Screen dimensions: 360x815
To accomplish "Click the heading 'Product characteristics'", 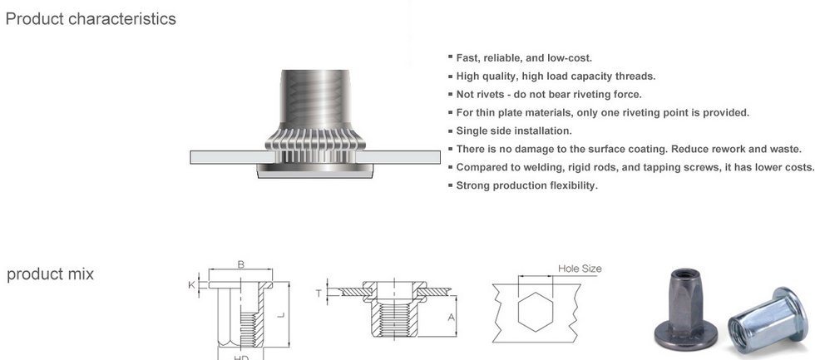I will pos(91,18).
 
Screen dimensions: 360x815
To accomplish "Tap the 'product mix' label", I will pos(50,274).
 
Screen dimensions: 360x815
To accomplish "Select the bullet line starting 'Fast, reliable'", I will pos(524,57).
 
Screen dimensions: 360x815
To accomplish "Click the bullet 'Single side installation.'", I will pos(514,131).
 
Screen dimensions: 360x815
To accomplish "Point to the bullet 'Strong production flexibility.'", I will pos(527,185).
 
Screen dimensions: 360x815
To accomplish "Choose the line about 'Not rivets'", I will pos(549,94).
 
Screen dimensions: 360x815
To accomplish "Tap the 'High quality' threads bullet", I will pos(556,76).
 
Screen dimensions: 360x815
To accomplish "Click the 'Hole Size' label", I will pos(580,269).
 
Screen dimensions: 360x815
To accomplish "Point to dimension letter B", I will pos(240,264).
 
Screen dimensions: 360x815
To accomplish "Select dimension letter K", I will pos(192,284).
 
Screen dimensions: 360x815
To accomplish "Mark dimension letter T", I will pos(319,292).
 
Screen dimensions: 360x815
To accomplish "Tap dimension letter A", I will pos(452,317).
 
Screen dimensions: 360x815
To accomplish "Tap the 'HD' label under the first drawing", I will pos(241,357).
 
